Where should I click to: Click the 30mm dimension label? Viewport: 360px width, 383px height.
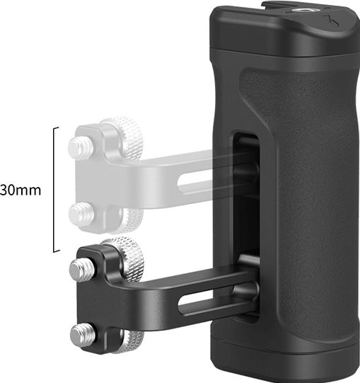[x=21, y=190]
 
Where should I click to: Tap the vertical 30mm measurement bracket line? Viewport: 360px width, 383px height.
[x=54, y=190]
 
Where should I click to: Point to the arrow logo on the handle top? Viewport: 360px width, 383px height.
[x=332, y=21]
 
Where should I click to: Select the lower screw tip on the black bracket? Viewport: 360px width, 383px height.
[x=83, y=333]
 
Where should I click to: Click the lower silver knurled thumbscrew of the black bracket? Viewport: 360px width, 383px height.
[x=129, y=342]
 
